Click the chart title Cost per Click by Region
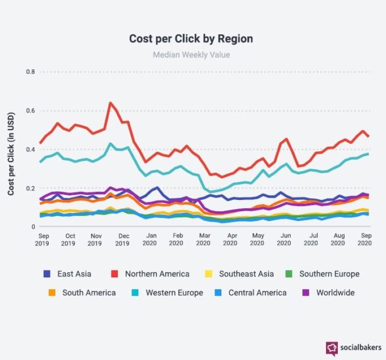(x=191, y=39)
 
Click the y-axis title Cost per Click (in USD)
(x=12, y=149)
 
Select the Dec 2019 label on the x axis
(x=123, y=240)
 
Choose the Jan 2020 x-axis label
(x=150, y=240)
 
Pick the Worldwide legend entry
(x=328, y=293)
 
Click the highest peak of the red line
(x=110, y=104)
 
